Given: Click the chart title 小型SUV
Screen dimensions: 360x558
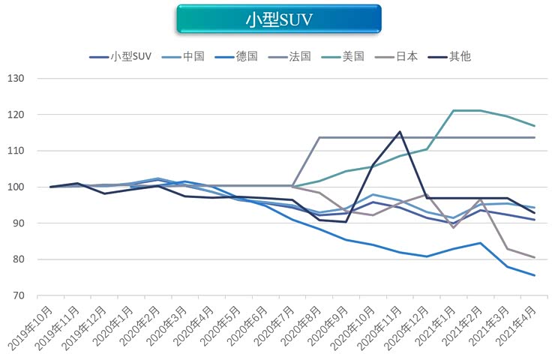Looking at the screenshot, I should click(x=278, y=19).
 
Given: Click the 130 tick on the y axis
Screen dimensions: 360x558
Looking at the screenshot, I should click(x=16, y=79).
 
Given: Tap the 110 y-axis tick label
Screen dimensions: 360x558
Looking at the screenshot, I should click(x=16, y=151).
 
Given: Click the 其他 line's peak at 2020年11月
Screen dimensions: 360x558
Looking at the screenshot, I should click(x=400, y=132).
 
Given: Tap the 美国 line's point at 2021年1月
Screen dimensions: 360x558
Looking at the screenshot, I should click(x=454, y=111).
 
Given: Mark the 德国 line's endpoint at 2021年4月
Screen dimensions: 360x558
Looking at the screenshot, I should click(x=534, y=275).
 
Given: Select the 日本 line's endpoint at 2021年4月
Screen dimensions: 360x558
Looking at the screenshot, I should click(x=534, y=257).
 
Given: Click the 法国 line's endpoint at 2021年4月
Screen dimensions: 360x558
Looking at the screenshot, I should click(x=534, y=137).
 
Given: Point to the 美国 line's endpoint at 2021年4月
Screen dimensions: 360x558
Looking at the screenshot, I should click(x=534, y=126).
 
